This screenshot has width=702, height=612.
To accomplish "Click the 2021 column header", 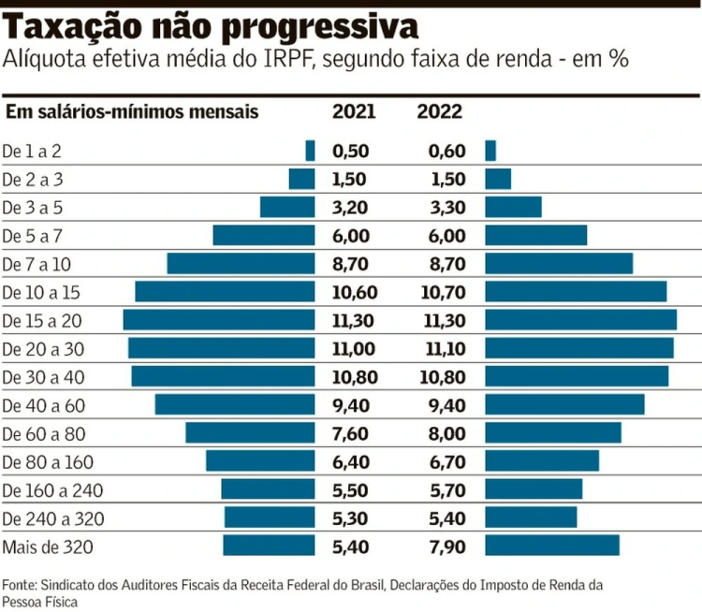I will pyautogui.click(x=354, y=112).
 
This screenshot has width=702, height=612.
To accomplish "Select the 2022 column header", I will pyautogui.click(x=439, y=112).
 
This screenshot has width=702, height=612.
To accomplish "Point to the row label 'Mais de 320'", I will pyautogui.click(x=49, y=546).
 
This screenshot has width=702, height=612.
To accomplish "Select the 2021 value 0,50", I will pyautogui.click(x=351, y=151).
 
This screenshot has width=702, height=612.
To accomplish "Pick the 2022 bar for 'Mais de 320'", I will pyautogui.click(x=552, y=546).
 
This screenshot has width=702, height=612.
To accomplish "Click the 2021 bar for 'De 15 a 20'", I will pyautogui.click(x=219, y=320).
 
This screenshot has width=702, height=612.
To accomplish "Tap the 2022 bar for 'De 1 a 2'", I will pyautogui.click(x=490, y=150).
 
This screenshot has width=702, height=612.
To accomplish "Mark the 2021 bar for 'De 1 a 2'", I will pyautogui.click(x=311, y=150).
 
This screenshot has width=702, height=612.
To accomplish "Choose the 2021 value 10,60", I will pyautogui.click(x=354, y=292).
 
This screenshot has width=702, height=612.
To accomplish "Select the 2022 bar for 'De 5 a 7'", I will pyautogui.click(x=536, y=235).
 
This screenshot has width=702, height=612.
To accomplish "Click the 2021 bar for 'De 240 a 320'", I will pyautogui.click(x=270, y=517).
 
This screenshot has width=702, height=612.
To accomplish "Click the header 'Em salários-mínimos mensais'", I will pyautogui.click(x=132, y=112).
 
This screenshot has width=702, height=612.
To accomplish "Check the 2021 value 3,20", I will pyautogui.click(x=351, y=207).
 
